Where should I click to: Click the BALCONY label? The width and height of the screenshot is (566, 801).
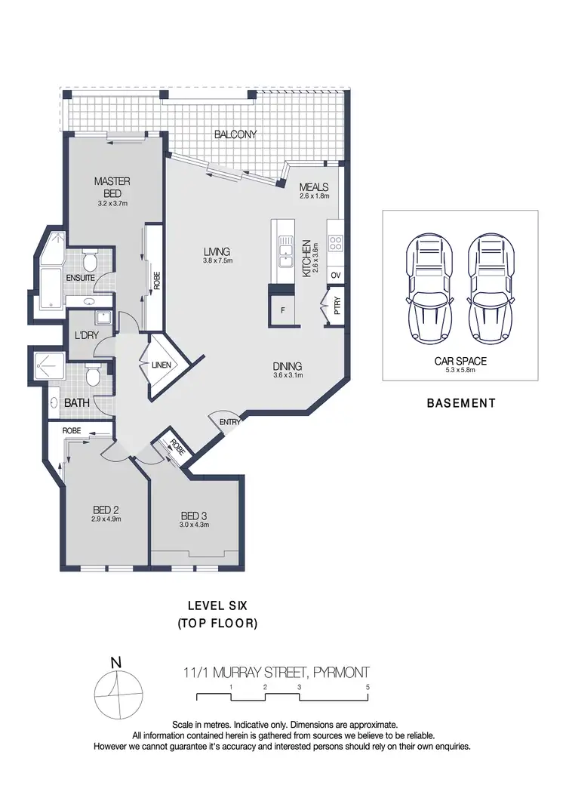(235, 134)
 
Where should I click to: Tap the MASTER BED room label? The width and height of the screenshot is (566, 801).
(112, 186)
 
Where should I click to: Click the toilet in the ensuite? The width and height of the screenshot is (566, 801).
(91, 262)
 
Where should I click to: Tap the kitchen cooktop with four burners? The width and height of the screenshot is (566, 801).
(336, 243)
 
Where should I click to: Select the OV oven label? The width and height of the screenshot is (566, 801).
(336, 276)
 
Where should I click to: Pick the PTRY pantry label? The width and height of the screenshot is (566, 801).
(337, 306)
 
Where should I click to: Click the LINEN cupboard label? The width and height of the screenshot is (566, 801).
(161, 366)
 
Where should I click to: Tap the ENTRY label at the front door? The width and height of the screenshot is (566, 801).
(229, 422)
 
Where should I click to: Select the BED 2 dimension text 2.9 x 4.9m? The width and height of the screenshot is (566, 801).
(106, 519)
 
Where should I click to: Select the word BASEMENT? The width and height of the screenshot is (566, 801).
(461, 403)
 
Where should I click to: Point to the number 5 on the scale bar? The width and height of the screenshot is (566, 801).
(368, 688)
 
